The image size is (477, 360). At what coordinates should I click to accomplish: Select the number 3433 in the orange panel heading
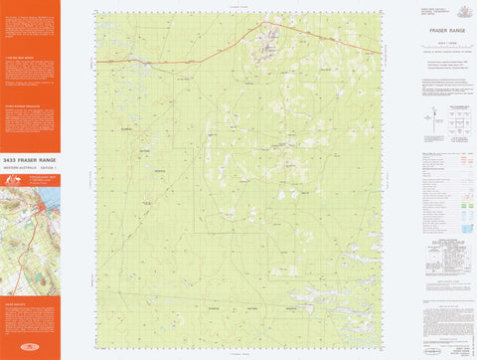[11, 159]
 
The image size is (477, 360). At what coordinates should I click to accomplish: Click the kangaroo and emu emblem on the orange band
[13, 180]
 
